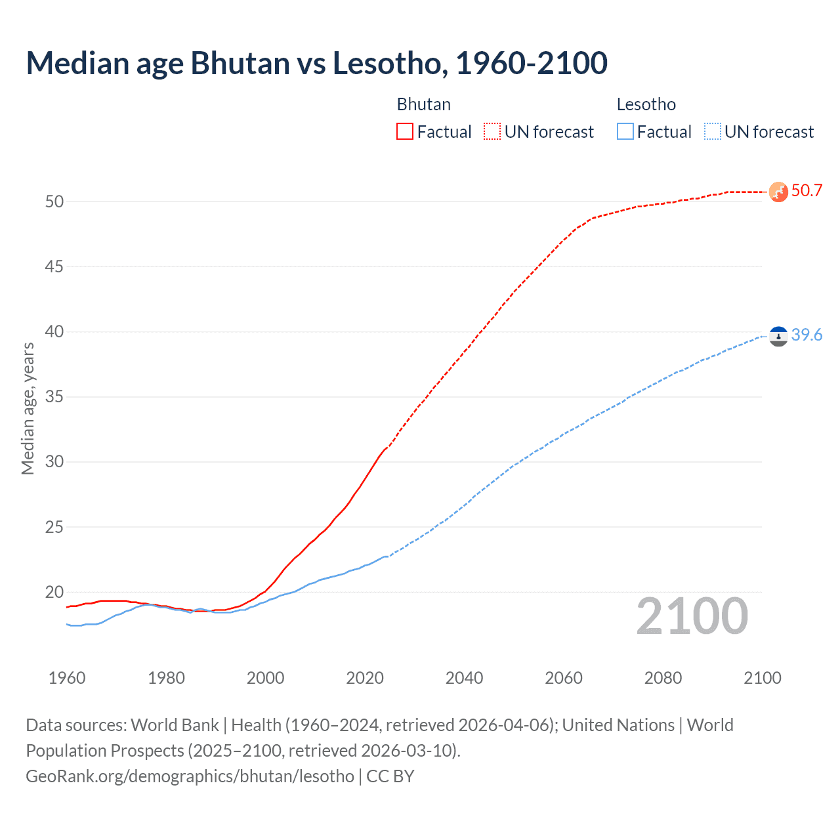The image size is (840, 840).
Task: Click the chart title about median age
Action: coord(316,63)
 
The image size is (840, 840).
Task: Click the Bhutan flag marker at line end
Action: coord(778,192)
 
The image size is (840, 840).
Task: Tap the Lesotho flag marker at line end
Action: coord(778,336)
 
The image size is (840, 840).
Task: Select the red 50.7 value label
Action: coord(807,191)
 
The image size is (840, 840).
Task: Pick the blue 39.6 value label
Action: coord(807,335)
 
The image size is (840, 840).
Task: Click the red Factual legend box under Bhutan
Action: coord(405,132)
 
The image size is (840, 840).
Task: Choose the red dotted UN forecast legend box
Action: coord(492,132)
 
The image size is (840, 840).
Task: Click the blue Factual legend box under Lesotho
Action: coord(625,132)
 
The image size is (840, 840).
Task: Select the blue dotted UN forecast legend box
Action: coord(713,132)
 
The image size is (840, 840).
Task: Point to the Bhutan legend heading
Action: coord(424,104)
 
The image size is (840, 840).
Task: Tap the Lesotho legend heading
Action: coord(646,104)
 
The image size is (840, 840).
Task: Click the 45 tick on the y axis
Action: coord(54,267)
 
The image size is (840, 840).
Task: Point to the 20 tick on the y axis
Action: coord(54,593)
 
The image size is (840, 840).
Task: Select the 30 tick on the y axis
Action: coord(54,462)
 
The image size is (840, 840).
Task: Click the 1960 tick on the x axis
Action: coord(67,678)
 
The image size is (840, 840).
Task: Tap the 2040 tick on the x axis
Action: coord(464,678)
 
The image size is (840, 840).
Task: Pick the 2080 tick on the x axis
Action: coord(663,678)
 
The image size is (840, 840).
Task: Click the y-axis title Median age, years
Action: coord(28,408)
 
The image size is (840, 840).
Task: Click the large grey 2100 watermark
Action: coord(692,616)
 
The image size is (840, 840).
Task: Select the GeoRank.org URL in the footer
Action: coord(190,776)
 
